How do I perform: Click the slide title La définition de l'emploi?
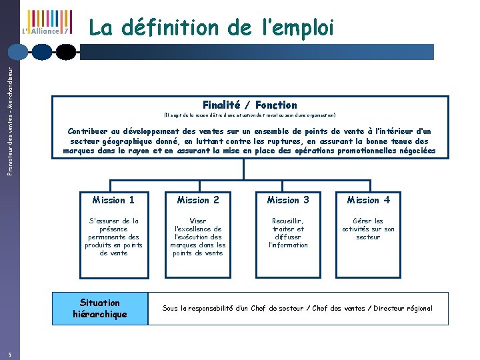click(210, 28)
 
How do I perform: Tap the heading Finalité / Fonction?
click(250, 105)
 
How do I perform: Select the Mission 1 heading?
click(113, 200)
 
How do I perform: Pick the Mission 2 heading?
click(198, 200)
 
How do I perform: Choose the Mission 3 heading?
click(288, 200)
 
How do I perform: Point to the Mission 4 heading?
click(368, 200)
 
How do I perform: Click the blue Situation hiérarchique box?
click(99, 309)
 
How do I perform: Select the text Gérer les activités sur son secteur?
click(368, 229)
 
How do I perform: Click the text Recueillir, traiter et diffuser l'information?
click(288, 233)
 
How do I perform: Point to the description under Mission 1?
click(113, 237)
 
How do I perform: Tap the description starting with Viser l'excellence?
click(198, 237)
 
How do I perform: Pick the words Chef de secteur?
click(271, 309)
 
